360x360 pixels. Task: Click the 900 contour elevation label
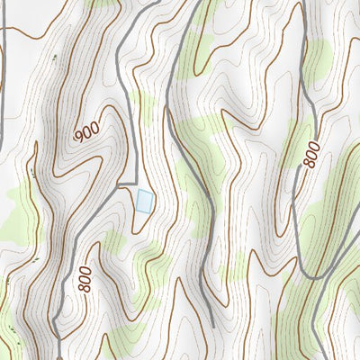(x=87, y=131)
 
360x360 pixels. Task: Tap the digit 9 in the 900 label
(x=80, y=138)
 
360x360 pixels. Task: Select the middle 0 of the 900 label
(x=87, y=131)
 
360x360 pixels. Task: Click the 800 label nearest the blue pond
(x=84, y=278)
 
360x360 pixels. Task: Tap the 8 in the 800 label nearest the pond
(x=85, y=289)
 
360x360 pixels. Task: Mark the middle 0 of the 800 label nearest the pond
(x=84, y=278)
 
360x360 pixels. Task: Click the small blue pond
(x=143, y=200)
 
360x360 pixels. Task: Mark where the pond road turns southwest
(x=121, y=184)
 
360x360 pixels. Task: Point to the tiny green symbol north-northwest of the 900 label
(x=54, y=58)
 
